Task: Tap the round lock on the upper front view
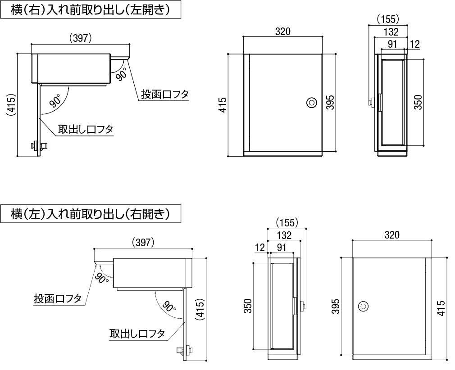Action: (x=310, y=103)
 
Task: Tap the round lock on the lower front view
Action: (x=363, y=307)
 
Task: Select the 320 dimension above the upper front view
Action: (x=282, y=31)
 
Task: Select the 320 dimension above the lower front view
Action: (x=392, y=235)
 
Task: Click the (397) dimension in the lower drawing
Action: (x=144, y=242)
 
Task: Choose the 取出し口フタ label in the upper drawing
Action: (x=85, y=130)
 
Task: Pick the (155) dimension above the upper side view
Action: (x=387, y=19)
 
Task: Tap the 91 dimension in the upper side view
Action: (x=392, y=44)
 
